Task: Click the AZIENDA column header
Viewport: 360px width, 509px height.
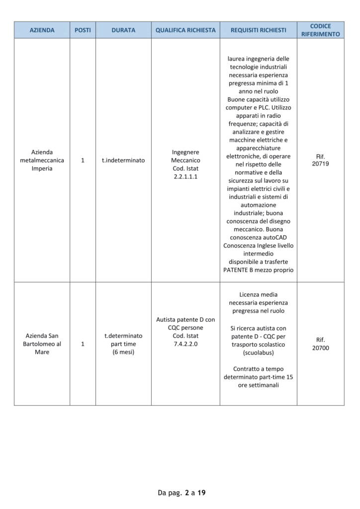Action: [42, 30]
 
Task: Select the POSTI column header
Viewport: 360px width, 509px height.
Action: [83, 30]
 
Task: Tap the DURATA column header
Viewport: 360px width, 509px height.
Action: [123, 30]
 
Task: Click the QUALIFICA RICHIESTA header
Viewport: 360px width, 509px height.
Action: [185, 30]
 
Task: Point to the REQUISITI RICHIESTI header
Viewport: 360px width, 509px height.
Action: [258, 30]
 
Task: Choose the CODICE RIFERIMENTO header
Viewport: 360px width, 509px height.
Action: [320, 30]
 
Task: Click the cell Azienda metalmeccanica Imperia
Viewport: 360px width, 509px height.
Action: [42, 160]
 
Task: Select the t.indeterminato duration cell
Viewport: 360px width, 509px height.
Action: [123, 161]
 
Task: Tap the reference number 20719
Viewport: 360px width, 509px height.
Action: [320, 164]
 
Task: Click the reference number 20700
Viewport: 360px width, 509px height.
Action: [320, 348]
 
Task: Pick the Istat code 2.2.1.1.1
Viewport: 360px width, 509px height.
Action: [185, 176]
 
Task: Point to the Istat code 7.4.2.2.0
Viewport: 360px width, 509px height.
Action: [185, 343]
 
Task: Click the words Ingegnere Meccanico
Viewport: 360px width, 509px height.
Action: [185, 156]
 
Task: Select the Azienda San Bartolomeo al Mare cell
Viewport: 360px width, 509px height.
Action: [42, 343]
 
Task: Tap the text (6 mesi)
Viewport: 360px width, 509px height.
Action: [123, 352]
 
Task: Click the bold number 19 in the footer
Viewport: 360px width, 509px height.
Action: [201, 493]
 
